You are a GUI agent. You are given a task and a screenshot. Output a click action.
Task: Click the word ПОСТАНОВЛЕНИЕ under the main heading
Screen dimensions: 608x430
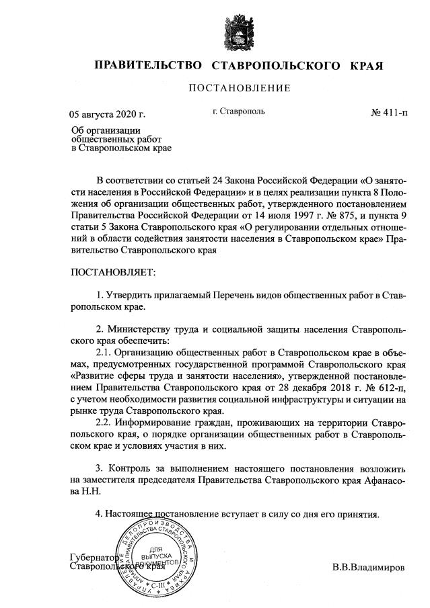(x=239, y=88)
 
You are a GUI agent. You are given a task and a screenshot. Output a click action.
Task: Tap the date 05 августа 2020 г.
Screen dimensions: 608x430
(x=108, y=114)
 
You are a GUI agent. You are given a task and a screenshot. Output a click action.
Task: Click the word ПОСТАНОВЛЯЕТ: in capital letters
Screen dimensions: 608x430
(x=112, y=273)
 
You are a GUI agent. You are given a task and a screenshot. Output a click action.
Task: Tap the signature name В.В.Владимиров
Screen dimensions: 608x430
(x=369, y=568)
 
